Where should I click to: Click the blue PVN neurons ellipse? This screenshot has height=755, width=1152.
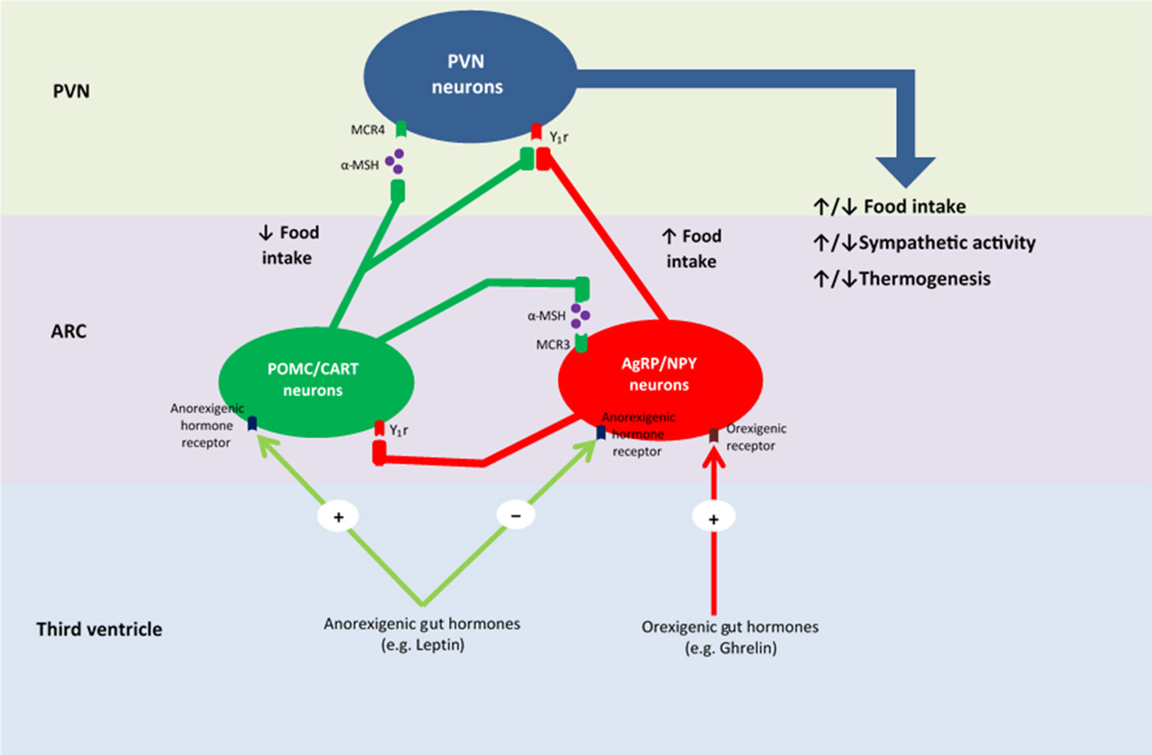[x=469, y=75]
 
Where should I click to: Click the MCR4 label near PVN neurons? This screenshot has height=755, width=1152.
[x=368, y=130]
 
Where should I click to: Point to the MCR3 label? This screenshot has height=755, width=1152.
[x=553, y=344]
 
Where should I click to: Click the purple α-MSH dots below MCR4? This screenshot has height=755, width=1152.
[x=395, y=161]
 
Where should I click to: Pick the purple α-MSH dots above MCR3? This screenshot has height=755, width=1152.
[x=579, y=316]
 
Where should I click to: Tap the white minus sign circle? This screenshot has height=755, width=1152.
[x=516, y=516]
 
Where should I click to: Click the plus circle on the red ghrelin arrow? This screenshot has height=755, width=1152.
[x=713, y=518]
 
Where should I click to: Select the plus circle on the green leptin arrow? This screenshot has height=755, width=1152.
[x=338, y=516]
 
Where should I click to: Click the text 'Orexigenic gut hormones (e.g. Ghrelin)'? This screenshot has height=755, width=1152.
[x=729, y=637]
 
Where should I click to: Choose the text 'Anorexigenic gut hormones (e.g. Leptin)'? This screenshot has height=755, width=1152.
[x=422, y=634]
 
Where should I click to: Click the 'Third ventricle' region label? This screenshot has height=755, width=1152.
[x=99, y=629]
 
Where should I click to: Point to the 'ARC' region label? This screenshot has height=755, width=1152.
[x=68, y=331]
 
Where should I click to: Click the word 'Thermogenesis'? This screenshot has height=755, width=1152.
[x=925, y=278]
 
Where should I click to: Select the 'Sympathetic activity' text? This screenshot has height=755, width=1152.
[x=946, y=242]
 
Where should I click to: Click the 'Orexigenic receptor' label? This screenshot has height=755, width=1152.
[x=756, y=437]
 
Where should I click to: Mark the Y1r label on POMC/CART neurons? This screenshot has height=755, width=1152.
[x=399, y=430]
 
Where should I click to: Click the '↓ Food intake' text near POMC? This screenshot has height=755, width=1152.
[x=289, y=245]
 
